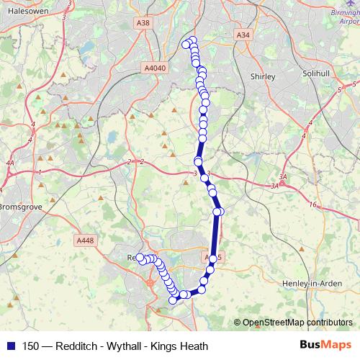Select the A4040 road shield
tap(155, 68)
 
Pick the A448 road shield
tap(84, 240)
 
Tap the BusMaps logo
tap(325, 346)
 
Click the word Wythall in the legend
tap(125, 346)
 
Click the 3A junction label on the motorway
tap(283, 177)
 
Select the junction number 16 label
tap(312, 205)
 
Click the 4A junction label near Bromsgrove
tap(9, 163)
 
